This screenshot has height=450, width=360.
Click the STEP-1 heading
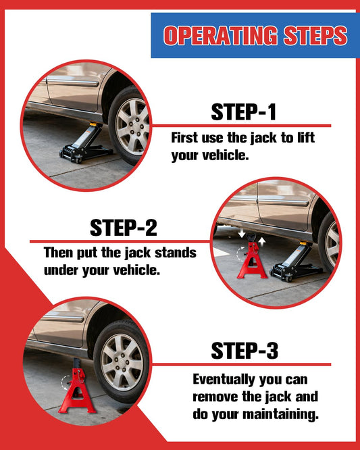click(244, 112)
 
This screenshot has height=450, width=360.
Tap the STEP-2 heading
click(124, 228)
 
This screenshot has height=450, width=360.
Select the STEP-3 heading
click(245, 351)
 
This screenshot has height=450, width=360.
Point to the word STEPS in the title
click(315, 36)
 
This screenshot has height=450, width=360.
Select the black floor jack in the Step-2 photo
click(296, 263)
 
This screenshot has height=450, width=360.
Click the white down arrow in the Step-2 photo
click(242, 233)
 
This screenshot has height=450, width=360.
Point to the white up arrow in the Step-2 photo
click(261, 242)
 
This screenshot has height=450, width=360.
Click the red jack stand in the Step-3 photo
click(76, 386)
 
